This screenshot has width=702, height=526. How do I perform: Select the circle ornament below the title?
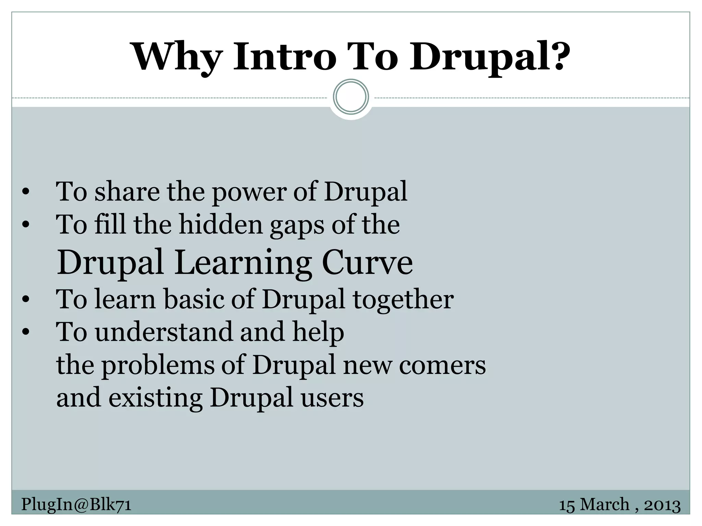351,97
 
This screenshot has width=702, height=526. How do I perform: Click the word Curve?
367,263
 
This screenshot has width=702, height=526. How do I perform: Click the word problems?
157,366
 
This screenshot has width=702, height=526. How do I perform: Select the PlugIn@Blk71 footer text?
76,504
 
